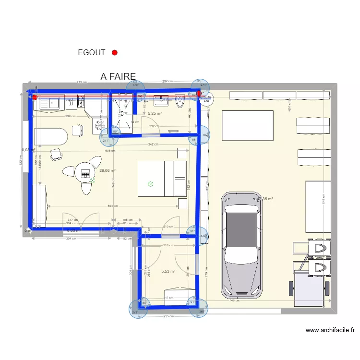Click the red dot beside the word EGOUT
coord(115,53)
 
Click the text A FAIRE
coord(118,76)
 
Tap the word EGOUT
coord(91,53)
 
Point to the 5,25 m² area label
coord(155,114)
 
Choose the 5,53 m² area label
coord(168,271)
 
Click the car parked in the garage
coord(242,245)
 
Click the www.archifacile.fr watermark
coord(330,330)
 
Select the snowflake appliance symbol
coord(100,125)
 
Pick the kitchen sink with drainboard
coord(49,102)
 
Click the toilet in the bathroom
coord(180,101)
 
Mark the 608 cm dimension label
coord(110,151)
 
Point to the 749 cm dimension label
coord(234,300)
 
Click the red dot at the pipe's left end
coord(35,97)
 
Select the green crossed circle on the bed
coord(150,183)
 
